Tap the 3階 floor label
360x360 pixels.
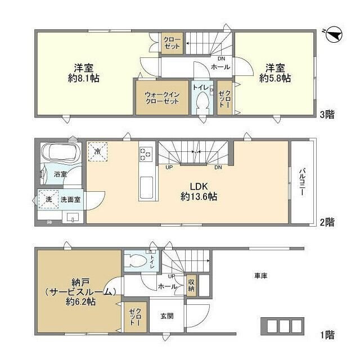(x=327, y=115)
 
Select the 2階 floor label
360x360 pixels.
(x=327, y=222)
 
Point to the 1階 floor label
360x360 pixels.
(x=327, y=336)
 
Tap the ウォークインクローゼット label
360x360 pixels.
(x=161, y=98)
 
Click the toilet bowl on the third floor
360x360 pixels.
(x=201, y=102)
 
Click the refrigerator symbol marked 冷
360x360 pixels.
(x=97, y=151)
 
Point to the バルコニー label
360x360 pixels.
(x=301, y=182)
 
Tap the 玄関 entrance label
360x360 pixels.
(x=166, y=316)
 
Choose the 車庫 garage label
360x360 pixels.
(x=260, y=276)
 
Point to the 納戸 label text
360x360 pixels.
(x=79, y=281)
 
